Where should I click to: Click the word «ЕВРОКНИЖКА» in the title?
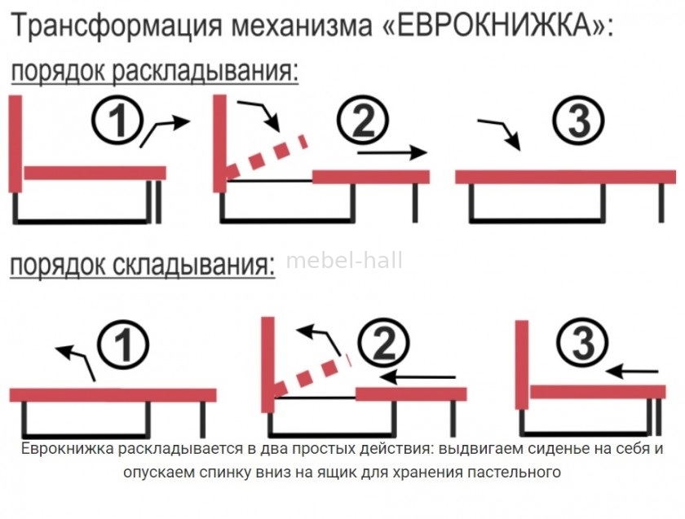[x=493, y=25]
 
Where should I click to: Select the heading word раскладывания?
[x=205, y=72]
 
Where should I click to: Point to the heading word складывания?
[x=194, y=265]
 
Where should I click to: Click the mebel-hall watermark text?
[x=344, y=261]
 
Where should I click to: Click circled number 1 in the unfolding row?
[x=117, y=120]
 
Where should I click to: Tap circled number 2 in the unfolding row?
[x=363, y=120]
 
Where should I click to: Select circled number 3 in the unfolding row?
[x=578, y=121]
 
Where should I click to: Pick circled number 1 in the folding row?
[x=123, y=345]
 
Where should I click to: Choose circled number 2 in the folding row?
[x=383, y=343]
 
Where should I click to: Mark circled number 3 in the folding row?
[x=583, y=342]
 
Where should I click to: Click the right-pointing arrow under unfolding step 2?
[x=392, y=153]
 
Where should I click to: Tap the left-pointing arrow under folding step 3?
[x=632, y=372]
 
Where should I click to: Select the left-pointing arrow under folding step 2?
[x=418, y=376]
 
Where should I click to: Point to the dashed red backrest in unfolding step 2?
[x=267, y=158]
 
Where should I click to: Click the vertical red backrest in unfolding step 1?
[x=15, y=143]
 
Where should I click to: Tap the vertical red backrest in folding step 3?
[x=522, y=365]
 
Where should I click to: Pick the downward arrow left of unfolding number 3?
[x=500, y=133]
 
